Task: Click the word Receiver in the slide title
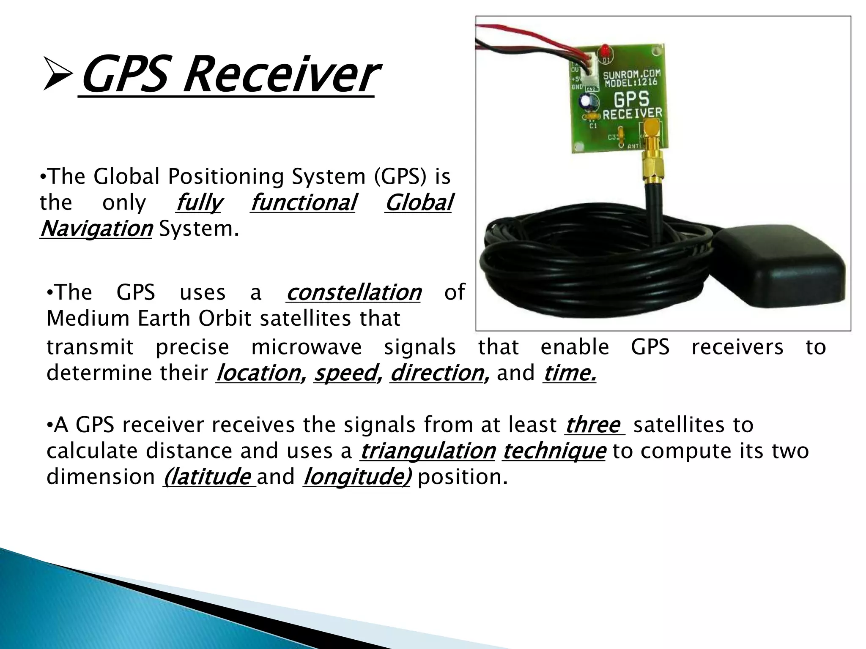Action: (x=279, y=76)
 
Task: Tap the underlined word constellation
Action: (x=354, y=292)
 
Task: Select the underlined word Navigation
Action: (x=96, y=229)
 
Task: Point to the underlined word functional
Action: (x=303, y=203)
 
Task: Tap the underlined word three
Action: (x=593, y=425)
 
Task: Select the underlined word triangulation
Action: (x=428, y=451)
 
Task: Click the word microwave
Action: (x=307, y=347)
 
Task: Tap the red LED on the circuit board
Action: (x=606, y=51)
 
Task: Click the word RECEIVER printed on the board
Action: (x=632, y=113)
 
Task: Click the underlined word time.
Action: (x=569, y=373)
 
